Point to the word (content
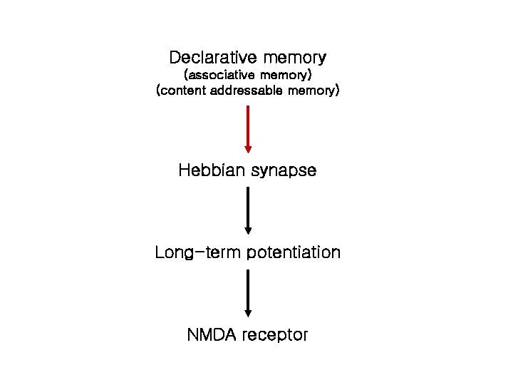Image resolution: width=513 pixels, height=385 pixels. [181, 91]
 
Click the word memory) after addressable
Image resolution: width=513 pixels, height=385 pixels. [313, 91]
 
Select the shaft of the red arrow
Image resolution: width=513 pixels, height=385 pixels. [248, 125]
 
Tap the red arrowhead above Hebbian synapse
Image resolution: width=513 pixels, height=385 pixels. [248, 149]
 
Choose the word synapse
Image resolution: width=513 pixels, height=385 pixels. [284, 172]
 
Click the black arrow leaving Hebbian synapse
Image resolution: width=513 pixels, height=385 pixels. [248, 207]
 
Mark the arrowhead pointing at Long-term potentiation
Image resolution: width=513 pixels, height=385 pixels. [248, 230]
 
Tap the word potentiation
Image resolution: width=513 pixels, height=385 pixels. [294, 253]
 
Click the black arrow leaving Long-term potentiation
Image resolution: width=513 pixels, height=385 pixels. [248, 289]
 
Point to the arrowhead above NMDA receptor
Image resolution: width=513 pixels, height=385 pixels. [248, 312]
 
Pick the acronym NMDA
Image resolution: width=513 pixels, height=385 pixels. [212, 335]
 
